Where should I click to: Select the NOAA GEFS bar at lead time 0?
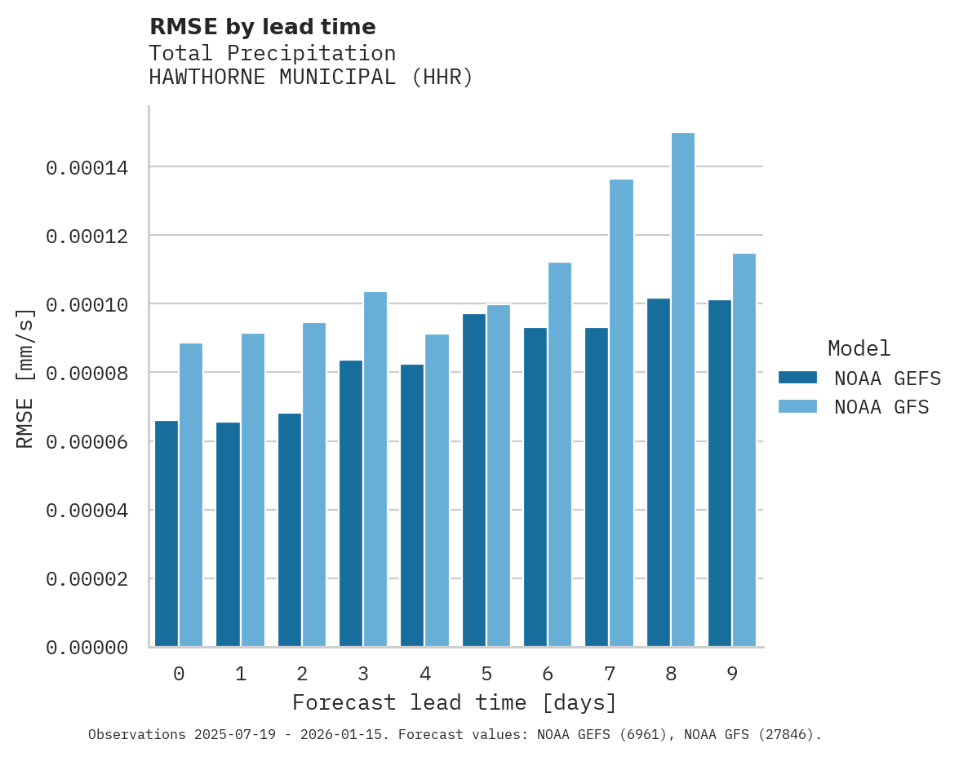166,534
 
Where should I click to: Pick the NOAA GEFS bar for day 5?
474,480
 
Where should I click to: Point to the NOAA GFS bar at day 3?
375,469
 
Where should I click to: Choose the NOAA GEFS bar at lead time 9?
720,474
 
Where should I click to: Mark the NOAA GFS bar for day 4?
437,490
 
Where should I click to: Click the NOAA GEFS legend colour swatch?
797,378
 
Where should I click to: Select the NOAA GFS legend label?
881,406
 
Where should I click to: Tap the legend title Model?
859,348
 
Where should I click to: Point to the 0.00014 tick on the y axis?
87,168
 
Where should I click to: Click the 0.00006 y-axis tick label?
87,442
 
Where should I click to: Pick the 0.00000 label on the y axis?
87,648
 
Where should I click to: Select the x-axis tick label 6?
548,674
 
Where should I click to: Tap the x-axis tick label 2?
302,674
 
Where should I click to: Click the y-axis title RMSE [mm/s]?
25,378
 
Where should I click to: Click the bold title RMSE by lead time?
263,27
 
